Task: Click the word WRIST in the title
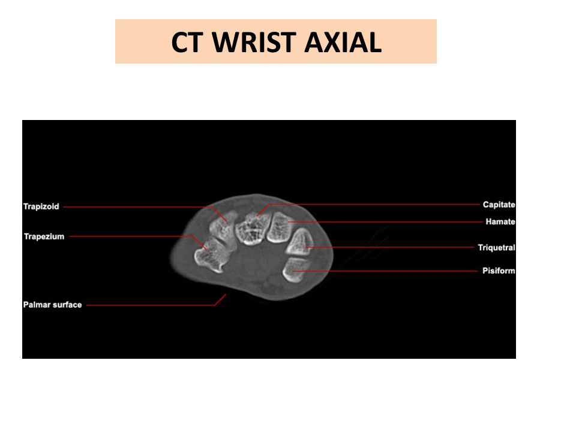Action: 254,42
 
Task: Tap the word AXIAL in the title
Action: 343,42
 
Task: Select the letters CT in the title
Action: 187,42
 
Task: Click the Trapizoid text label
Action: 41,206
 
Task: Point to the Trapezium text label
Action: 44,236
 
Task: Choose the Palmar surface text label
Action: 53,305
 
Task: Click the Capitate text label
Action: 499,205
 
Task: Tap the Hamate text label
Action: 500,221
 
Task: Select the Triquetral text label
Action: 497,248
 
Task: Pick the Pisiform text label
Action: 499,271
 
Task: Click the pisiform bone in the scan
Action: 295,269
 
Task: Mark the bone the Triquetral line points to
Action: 300,242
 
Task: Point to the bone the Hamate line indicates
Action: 279,228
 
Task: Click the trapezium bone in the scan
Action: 211,256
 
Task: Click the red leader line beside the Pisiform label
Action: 385,271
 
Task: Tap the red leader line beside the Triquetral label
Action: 390,247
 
